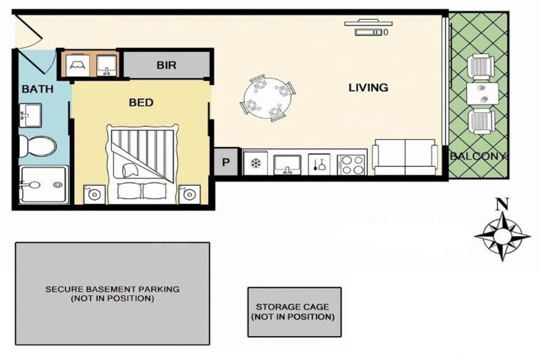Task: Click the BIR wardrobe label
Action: click(166, 65)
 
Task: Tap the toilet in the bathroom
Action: click(38, 146)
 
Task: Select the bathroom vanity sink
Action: click(31, 116)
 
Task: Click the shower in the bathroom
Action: click(44, 184)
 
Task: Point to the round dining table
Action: click(267, 98)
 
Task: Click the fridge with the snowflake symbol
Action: click(255, 163)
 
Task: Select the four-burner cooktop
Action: click(352, 165)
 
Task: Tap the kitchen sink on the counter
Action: click(287, 165)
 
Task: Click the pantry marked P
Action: click(226, 162)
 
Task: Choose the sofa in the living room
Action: click(405, 157)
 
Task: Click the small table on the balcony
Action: click(482, 94)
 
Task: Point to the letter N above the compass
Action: click(502, 204)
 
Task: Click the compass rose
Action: click(502, 236)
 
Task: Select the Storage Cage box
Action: click(294, 312)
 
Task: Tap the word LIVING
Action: click(369, 88)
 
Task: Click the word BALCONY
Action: click(477, 156)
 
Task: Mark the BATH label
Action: click(38, 89)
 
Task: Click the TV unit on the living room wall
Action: click(369, 27)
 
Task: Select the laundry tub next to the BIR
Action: click(107, 66)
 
